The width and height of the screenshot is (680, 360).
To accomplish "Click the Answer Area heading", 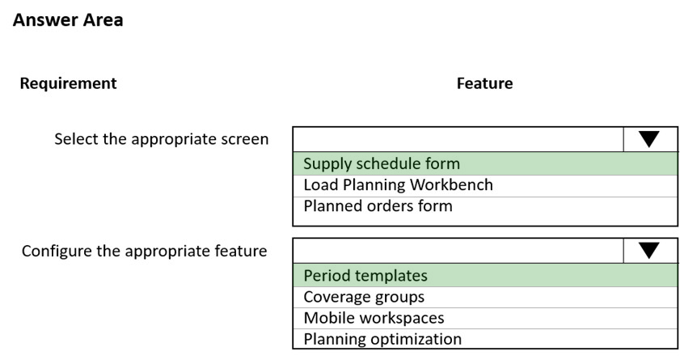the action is click(x=68, y=20).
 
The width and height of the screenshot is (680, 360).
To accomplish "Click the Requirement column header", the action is click(x=68, y=83).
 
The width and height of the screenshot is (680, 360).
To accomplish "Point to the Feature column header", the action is click(x=484, y=83).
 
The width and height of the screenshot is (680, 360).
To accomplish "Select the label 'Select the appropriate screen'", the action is click(x=162, y=139).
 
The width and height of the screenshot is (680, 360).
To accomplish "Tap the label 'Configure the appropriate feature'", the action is click(x=145, y=251).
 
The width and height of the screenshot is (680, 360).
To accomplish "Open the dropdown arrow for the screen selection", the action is click(x=649, y=139).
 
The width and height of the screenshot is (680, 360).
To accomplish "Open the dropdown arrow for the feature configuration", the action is click(x=649, y=251).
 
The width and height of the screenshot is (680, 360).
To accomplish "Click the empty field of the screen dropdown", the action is click(x=458, y=139).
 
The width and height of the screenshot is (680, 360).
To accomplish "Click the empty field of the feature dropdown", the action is click(x=458, y=251).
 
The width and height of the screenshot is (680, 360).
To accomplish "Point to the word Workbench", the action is click(x=451, y=184).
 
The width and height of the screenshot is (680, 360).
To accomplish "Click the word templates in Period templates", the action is click(x=391, y=276).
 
